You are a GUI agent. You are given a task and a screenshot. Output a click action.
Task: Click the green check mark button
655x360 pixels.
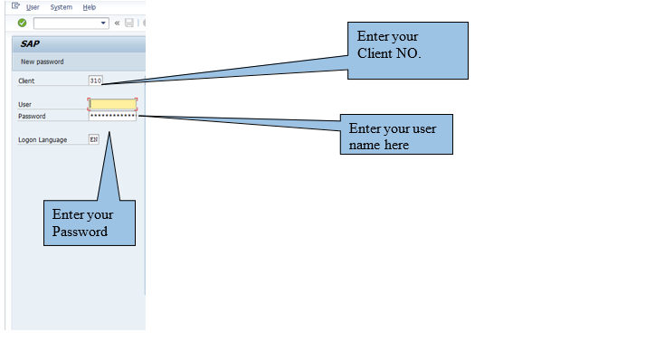22,23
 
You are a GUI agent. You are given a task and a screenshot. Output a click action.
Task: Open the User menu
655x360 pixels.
33,7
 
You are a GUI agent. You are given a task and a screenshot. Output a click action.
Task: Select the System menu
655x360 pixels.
61,7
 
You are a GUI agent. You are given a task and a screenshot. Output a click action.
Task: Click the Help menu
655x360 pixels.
89,7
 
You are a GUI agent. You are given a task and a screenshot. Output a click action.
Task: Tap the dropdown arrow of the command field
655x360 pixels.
103,23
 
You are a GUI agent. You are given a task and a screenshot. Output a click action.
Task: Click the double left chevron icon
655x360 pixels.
117,23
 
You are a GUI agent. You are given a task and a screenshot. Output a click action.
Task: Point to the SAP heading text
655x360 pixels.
30,43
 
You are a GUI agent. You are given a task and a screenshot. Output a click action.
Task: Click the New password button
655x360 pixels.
43,62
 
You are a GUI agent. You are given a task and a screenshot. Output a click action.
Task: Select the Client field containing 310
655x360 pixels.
96,81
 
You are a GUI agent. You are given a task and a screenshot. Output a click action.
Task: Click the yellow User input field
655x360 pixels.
113,104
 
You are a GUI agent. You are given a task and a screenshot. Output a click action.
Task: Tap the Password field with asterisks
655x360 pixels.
113,116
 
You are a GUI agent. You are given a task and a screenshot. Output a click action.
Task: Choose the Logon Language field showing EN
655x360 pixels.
94,139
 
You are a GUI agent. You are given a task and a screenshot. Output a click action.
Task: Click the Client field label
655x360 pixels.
26,81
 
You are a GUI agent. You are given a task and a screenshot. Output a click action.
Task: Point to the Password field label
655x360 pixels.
32,116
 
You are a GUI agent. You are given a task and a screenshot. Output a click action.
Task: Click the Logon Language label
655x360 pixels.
43,140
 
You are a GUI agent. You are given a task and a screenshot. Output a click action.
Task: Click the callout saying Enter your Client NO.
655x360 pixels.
408,51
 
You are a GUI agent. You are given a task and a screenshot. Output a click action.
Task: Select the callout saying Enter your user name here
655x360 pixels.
396,135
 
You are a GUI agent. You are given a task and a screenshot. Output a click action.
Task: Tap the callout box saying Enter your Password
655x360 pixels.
90,223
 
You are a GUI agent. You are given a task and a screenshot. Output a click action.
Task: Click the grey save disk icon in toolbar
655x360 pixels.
129,23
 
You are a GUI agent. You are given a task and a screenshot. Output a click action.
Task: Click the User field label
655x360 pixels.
24,104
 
